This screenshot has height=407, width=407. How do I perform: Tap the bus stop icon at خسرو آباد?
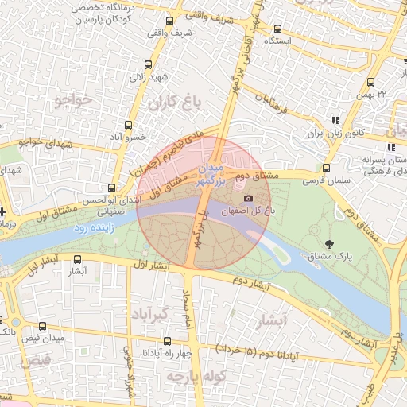click(129, 126)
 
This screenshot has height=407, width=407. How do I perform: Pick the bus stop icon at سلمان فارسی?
click(326, 168)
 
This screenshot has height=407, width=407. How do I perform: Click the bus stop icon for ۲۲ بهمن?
click(371, 82)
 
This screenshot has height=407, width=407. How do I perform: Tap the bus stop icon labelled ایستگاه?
click(277, 28)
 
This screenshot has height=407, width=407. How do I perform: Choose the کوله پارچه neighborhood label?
click(197, 374)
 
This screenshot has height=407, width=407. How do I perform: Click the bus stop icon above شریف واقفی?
click(169, 21)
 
